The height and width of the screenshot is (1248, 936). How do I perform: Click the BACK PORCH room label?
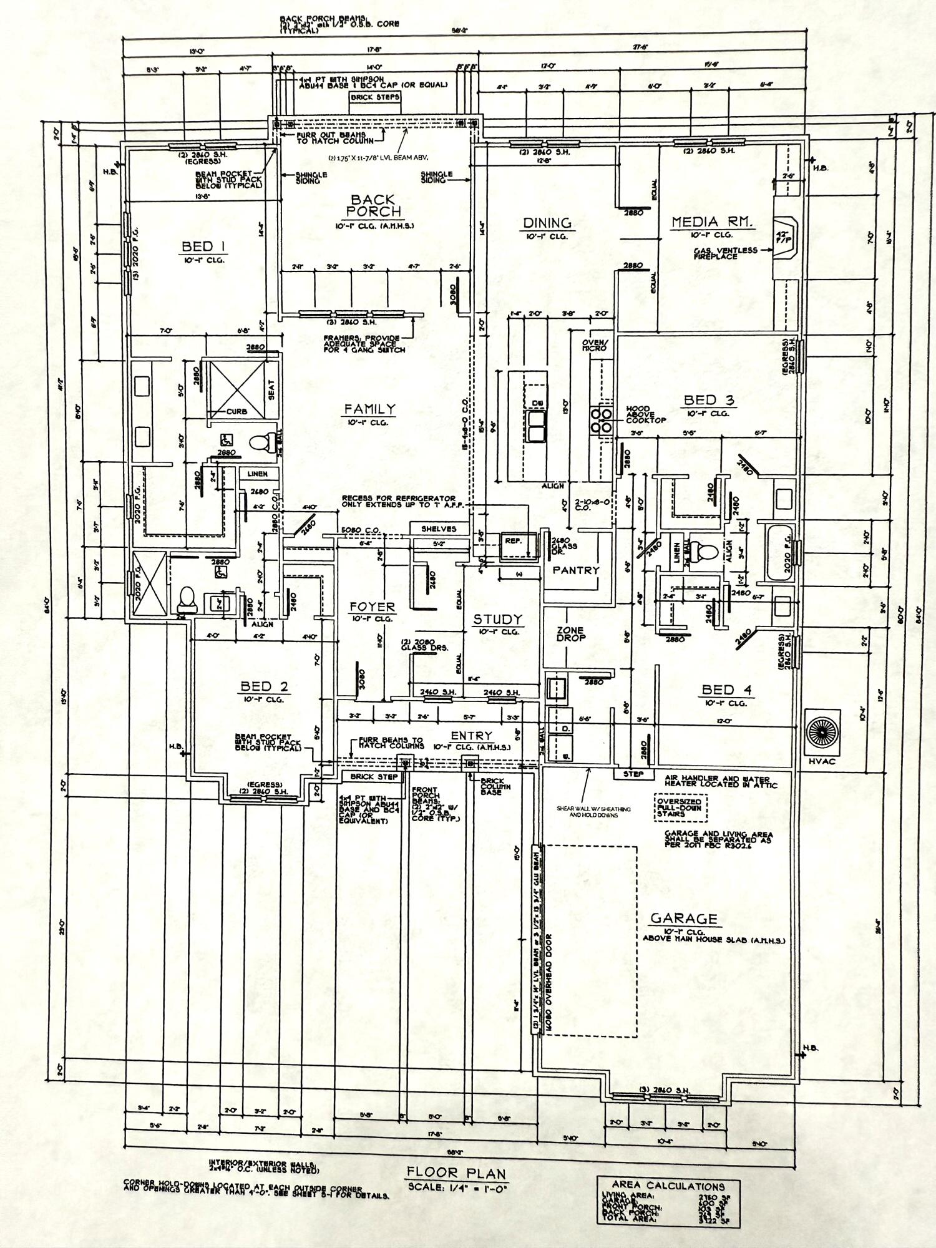tap(373, 205)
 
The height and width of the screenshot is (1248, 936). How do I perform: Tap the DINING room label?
tap(547, 223)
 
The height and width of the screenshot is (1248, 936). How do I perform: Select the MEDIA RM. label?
tap(712, 222)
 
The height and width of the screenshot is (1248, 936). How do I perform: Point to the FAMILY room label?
tap(370, 409)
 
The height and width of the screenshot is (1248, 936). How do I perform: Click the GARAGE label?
tap(684, 919)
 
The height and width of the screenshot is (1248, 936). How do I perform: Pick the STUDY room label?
tap(497, 620)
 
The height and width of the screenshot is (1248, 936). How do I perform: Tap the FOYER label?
tap(372, 607)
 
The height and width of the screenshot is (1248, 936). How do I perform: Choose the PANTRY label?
tap(575, 570)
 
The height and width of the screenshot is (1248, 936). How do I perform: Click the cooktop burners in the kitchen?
tap(603, 419)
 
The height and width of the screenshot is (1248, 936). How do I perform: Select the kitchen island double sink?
tap(535, 426)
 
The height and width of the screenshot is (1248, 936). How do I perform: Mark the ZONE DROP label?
tap(570, 634)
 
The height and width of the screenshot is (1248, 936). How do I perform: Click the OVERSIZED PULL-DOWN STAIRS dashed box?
tap(679, 807)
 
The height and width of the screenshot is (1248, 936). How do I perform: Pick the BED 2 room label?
tap(265, 687)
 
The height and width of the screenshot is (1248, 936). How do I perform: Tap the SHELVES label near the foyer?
tap(439, 529)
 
